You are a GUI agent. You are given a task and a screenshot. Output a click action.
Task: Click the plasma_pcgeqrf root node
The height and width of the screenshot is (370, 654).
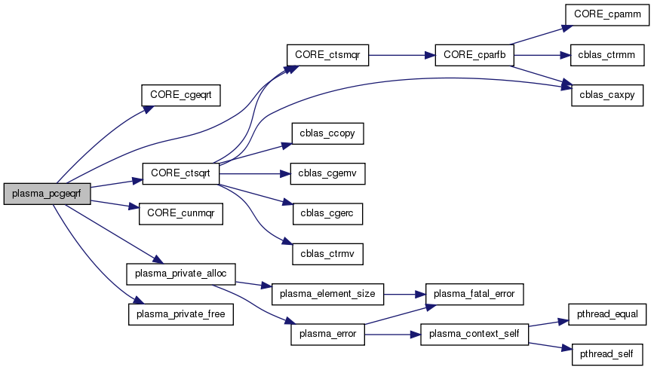tap(47, 194)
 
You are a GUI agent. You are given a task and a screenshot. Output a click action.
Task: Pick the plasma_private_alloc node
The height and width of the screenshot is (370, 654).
tap(181, 272)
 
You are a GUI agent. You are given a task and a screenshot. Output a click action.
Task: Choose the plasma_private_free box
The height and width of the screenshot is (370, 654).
tap(180, 313)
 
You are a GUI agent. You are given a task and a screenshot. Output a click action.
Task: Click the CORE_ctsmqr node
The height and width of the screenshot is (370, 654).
tap(327, 55)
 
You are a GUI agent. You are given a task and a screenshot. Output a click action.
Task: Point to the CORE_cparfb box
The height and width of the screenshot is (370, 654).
tap(474, 55)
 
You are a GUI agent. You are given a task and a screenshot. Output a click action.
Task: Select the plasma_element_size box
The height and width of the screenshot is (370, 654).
tap(327, 293)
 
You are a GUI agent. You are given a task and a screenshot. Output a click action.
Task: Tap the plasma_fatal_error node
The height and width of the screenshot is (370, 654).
tap(474, 293)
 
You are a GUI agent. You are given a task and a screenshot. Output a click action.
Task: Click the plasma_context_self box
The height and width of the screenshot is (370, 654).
tap(474, 333)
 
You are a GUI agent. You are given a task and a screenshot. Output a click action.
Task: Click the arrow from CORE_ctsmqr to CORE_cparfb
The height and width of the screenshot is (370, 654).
tap(401, 55)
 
